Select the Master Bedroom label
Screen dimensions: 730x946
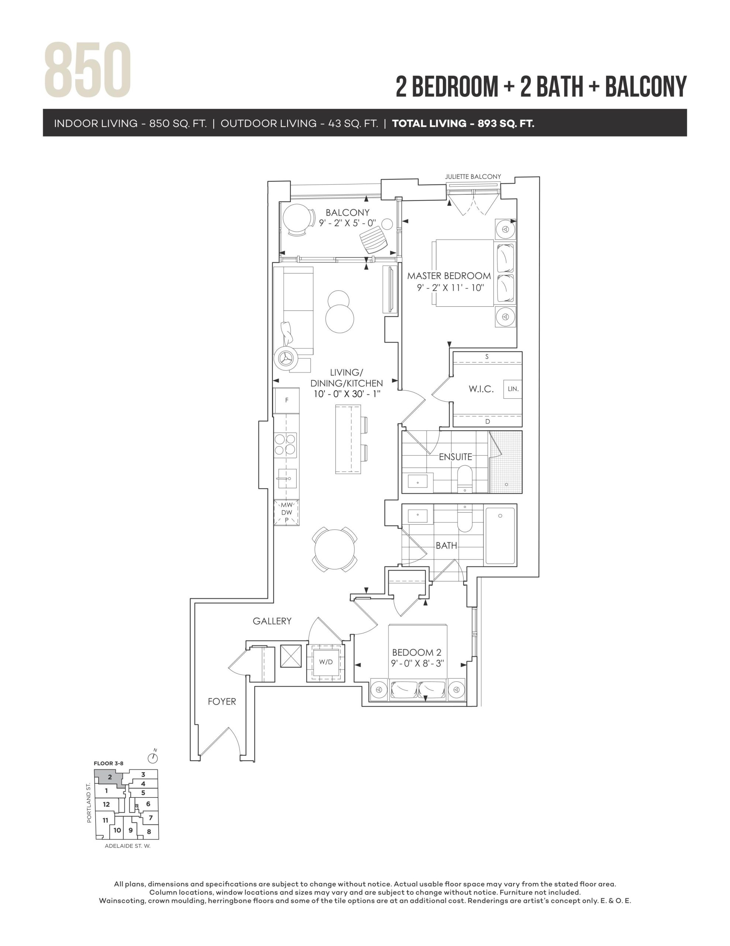coord(449,276)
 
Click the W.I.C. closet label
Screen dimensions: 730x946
coord(481,389)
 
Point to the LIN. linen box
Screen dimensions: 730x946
coord(513,389)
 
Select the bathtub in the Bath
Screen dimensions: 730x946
coord(500,535)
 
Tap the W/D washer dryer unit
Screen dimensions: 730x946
coord(326,662)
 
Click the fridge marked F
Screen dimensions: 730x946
coord(286,401)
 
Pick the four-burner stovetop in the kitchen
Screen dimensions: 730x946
coord(285,445)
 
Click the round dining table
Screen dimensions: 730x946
coord(334,549)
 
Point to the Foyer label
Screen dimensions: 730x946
coord(222,701)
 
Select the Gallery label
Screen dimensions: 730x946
coord(272,621)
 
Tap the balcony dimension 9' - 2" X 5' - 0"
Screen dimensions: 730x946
coord(348,223)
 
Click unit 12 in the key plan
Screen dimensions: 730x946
coord(106,804)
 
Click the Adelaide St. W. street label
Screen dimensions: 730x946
coord(128,846)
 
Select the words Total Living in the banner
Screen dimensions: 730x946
coord(429,123)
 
